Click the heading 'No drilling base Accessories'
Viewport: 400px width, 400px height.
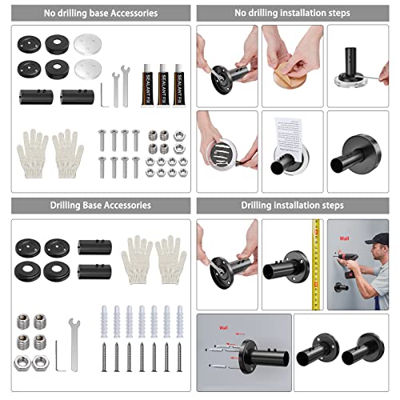[101, 14]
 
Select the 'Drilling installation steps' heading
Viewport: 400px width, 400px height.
[293, 206]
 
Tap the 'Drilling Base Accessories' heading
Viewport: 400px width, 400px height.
[101, 206]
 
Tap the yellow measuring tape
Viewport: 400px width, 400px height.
[316, 264]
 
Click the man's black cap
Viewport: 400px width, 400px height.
[377, 239]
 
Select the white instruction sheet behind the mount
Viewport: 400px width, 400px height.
[291, 137]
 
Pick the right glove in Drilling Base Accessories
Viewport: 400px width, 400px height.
[170, 258]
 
